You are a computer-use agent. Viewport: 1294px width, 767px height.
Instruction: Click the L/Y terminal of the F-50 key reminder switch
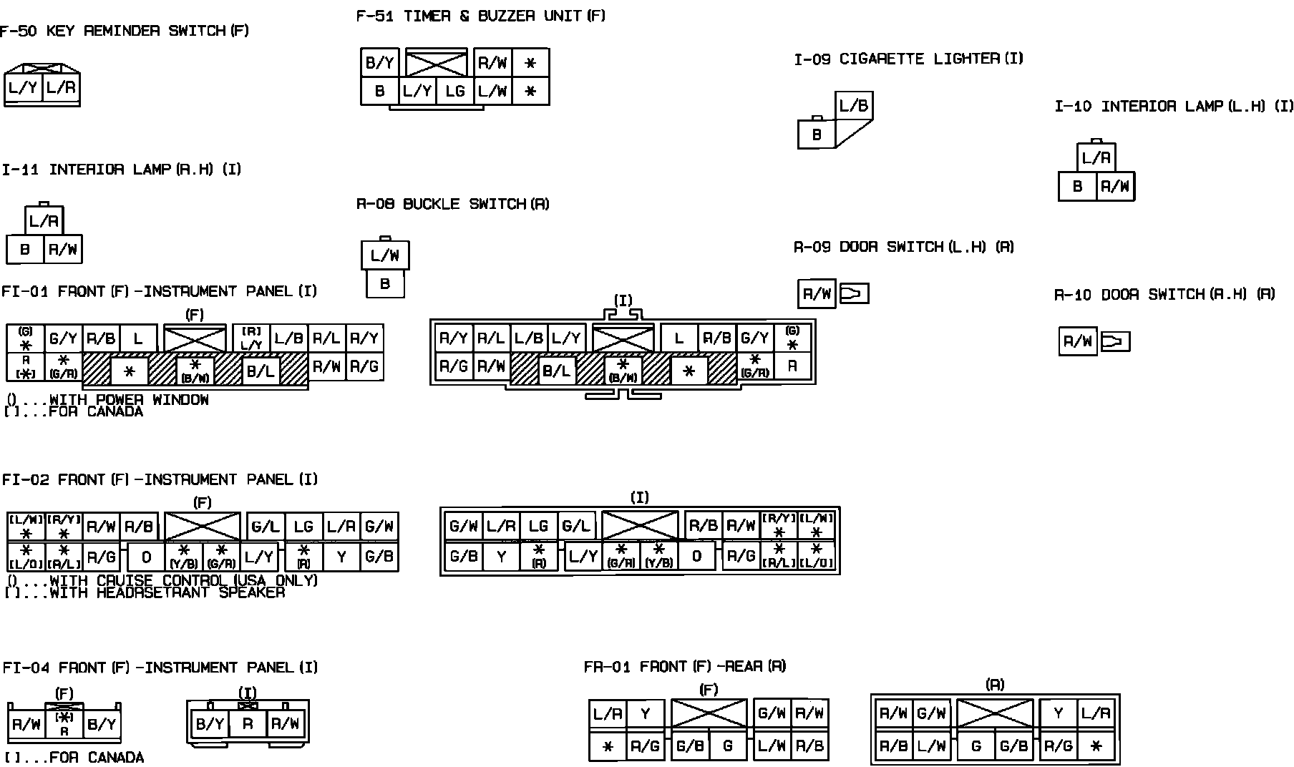pyautogui.click(x=22, y=89)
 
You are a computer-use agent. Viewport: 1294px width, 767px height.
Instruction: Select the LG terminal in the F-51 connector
pyautogui.click(x=454, y=92)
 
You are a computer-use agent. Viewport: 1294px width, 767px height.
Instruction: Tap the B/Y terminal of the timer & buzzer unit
pyautogui.click(x=379, y=63)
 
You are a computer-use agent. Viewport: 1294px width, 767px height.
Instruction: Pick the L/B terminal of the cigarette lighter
pyautogui.click(x=853, y=107)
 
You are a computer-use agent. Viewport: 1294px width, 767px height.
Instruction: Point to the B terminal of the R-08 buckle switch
pyautogui.click(x=385, y=284)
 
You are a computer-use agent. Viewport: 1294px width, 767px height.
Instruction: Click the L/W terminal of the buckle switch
pyautogui.click(x=385, y=255)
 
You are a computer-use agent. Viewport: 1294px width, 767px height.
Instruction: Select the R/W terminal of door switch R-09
pyautogui.click(x=817, y=294)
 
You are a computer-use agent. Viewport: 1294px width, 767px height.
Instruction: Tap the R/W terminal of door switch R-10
pyautogui.click(x=1077, y=342)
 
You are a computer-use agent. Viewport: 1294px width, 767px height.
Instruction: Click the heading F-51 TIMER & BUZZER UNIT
pyautogui.click(x=480, y=16)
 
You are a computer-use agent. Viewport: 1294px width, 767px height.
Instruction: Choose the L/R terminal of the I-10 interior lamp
pyautogui.click(x=1096, y=158)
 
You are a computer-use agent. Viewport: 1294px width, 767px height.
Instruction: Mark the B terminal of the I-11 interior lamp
pyautogui.click(x=25, y=250)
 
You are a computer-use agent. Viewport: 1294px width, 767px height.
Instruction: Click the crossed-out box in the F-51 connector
pyautogui.click(x=436, y=63)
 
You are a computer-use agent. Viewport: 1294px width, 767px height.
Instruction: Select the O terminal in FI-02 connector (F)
pyautogui.click(x=146, y=557)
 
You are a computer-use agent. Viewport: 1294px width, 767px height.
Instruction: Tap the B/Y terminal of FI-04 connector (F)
pyautogui.click(x=101, y=724)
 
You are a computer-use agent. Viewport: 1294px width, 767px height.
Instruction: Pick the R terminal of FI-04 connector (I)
pyautogui.click(x=248, y=724)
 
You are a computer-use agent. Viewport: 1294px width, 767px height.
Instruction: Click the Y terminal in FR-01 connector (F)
pyautogui.click(x=646, y=713)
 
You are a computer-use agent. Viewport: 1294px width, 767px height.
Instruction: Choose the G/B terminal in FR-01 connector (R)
pyautogui.click(x=1013, y=746)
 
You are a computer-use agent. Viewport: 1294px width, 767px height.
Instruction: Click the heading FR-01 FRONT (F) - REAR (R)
pyautogui.click(x=685, y=667)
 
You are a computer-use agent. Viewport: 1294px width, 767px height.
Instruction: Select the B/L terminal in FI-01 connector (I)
pyautogui.click(x=556, y=371)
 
